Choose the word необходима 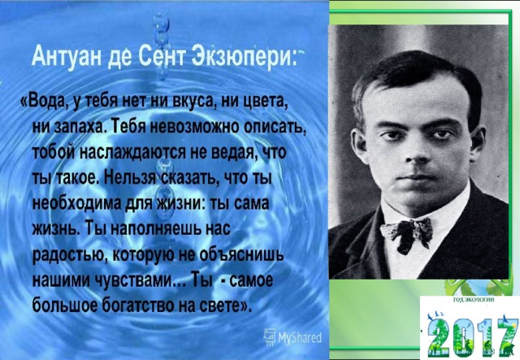pos(77,203)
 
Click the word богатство pos(139,305)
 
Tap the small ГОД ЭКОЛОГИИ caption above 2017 pos(474,300)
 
